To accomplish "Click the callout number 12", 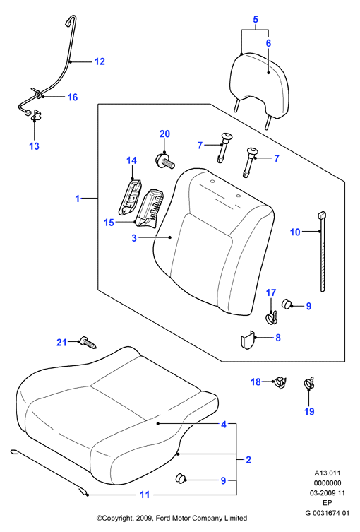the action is [100, 61].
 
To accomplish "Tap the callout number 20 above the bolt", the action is [164, 134].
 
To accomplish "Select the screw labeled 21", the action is [88, 343].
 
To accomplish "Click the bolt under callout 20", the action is [165, 160].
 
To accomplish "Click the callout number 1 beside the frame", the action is [78, 198].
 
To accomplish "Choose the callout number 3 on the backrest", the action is [134, 238].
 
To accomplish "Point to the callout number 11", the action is [145, 495].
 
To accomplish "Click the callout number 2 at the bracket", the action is [248, 460].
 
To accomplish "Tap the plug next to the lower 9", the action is [181, 478].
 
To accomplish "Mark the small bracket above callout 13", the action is [35, 115].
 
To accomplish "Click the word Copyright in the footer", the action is [117, 518].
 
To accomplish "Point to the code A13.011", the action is [327, 473].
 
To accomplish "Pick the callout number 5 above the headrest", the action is [256, 19].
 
